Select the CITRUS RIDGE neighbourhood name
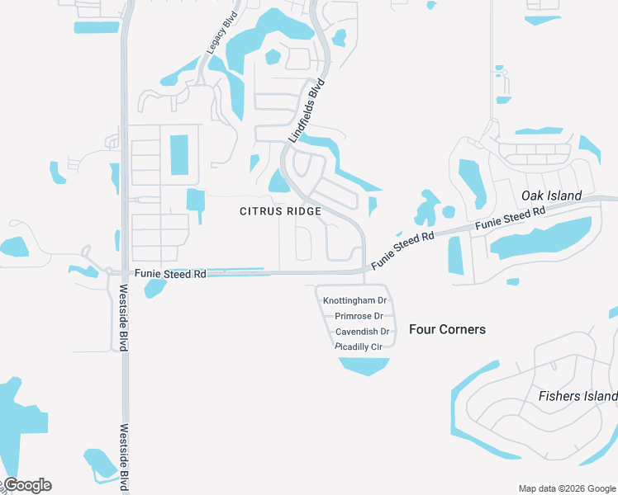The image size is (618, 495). (280, 211)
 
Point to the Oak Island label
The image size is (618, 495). (552, 196)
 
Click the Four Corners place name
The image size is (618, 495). (447, 329)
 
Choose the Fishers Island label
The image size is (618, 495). (578, 396)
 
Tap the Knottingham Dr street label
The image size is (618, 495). (355, 301)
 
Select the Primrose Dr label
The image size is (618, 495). (359, 316)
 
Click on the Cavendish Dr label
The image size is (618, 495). (362, 332)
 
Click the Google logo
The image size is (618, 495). (27, 485)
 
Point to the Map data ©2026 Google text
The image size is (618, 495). (567, 488)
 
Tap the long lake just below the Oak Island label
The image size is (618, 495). (541, 238)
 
